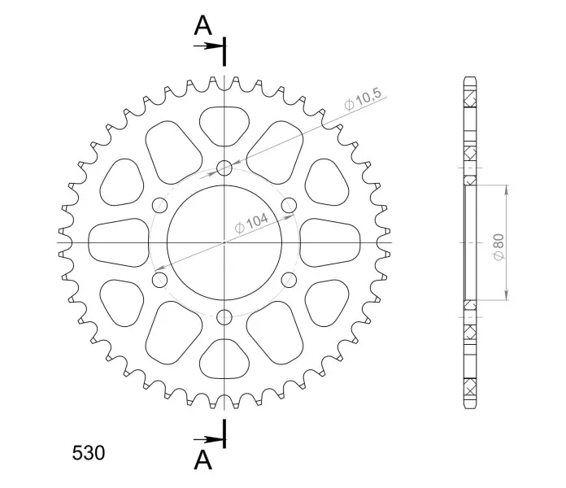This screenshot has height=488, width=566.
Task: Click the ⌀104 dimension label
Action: coord(251,223)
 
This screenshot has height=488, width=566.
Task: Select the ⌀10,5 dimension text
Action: coord(363,98)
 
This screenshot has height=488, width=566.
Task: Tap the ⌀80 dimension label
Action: coord(499,246)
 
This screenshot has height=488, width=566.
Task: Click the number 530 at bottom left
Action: coord(89,453)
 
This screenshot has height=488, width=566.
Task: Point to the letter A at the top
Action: coord(202,26)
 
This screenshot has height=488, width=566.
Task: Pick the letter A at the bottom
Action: coord(202,460)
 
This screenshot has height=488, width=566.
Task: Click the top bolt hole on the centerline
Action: coord(224,168)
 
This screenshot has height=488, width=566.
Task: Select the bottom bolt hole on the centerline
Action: coord(224,317)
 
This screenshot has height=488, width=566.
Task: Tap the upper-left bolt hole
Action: coord(160,206)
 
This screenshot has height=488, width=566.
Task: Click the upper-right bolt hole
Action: coord(289,206)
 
